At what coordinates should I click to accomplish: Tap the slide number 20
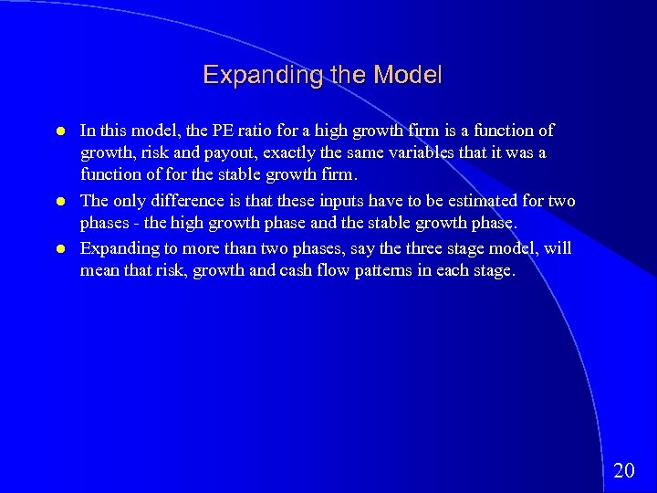pos(624,471)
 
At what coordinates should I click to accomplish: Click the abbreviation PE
pos(225,131)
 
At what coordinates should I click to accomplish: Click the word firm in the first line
pos(427,131)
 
